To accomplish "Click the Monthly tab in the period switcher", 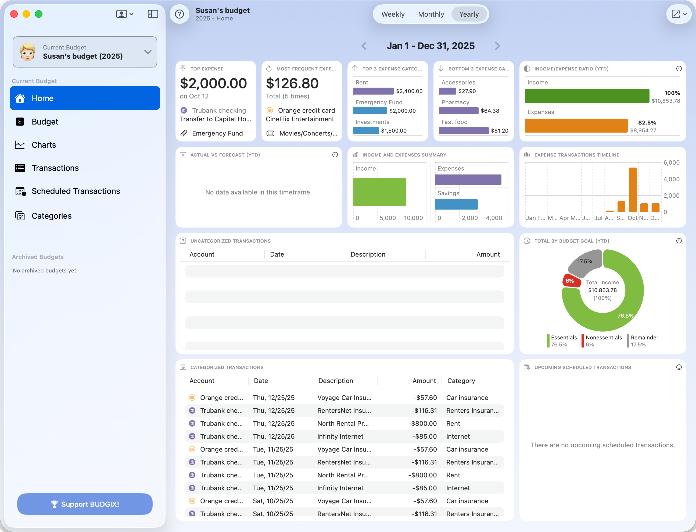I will click(x=431, y=14).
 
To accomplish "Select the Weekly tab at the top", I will click(x=393, y=14).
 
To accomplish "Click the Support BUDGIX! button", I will click(x=85, y=504).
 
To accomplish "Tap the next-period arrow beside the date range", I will click(x=497, y=46).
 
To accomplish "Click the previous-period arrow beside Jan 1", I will click(x=364, y=46).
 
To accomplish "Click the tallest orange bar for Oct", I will click(x=633, y=190).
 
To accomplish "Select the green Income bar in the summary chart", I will click(x=379, y=192).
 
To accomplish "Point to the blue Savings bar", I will click(x=456, y=204).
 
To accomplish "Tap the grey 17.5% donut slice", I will click(x=585, y=261).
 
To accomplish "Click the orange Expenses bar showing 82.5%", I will click(x=576, y=126).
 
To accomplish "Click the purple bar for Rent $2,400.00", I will click(x=373, y=91).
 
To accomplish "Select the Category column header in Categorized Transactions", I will click(x=461, y=381).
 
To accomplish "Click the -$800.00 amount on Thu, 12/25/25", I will click(x=422, y=423).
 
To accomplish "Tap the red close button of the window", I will click(x=14, y=14).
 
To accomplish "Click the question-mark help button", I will click(x=180, y=14).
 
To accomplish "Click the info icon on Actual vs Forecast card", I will click(x=335, y=155).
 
